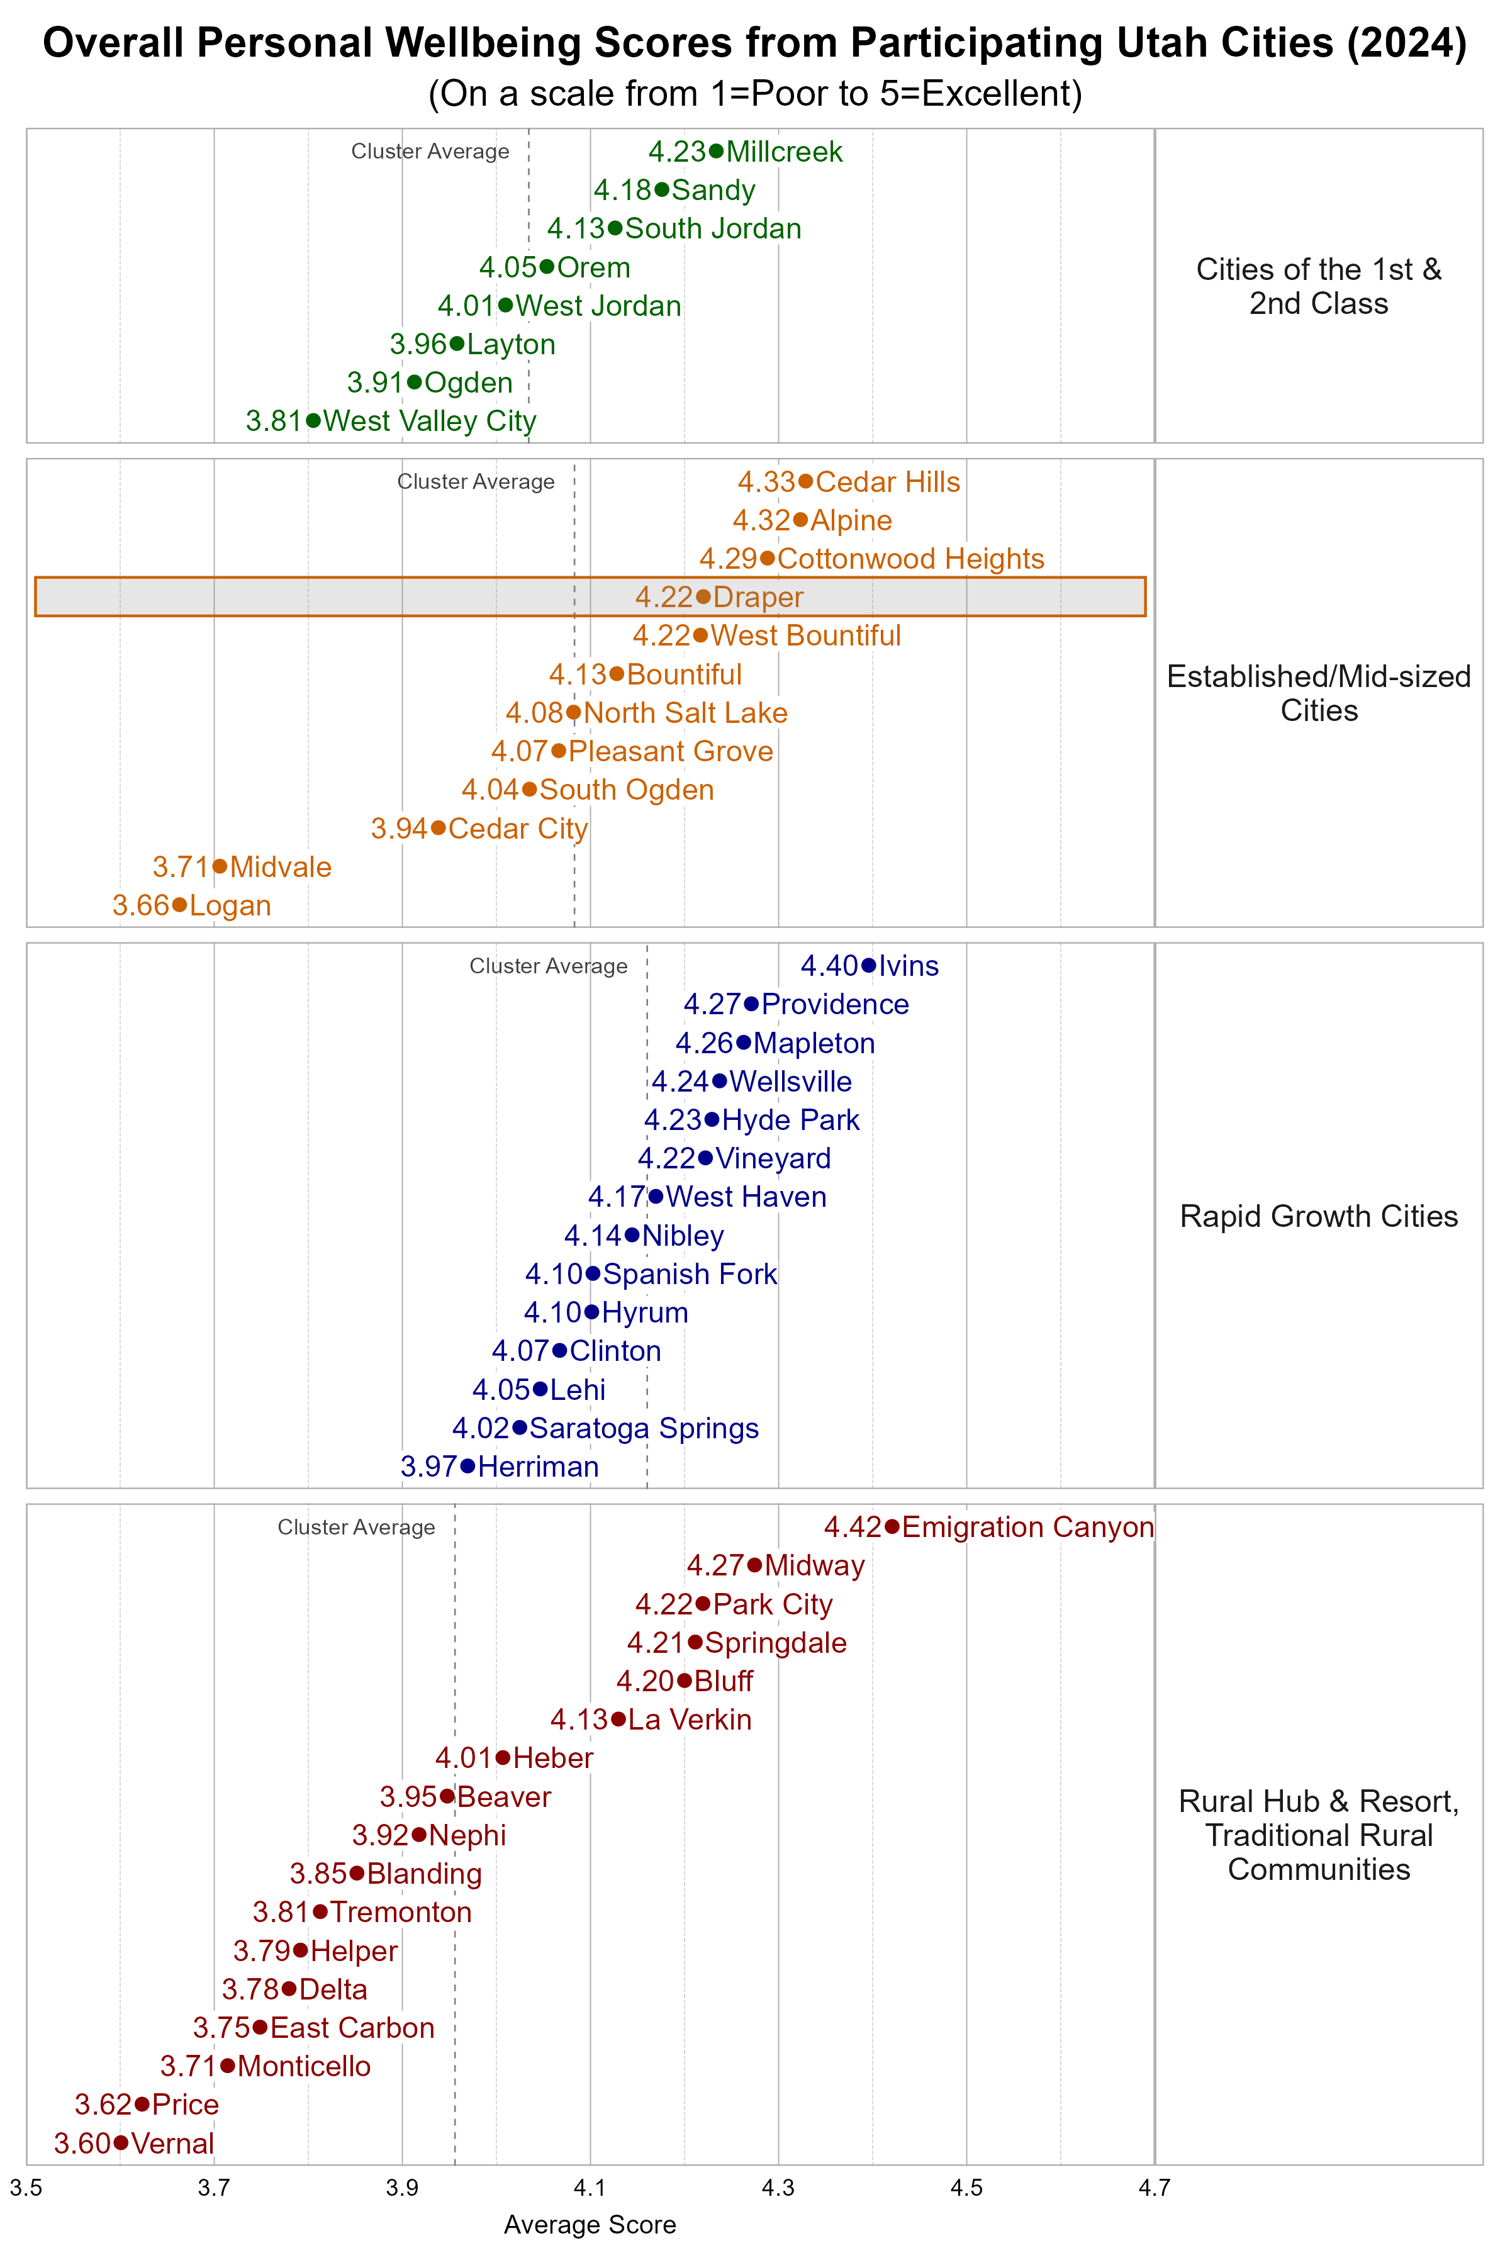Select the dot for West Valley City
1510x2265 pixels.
point(313,421)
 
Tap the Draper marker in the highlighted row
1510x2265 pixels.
point(703,597)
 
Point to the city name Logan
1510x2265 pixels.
point(230,905)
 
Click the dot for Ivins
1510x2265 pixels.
point(869,965)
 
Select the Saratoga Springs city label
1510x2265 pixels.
point(644,1428)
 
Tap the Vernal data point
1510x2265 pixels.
point(120,2143)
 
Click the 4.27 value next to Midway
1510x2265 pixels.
point(715,1566)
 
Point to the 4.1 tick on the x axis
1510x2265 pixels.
point(590,2188)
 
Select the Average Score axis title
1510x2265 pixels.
point(590,2225)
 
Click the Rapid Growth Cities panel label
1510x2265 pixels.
point(1318,1216)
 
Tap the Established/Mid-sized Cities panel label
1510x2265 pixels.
point(1318,693)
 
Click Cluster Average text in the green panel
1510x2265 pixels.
point(430,151)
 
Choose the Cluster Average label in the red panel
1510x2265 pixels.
point(356,1528)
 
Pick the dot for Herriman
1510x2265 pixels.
point(468,1466)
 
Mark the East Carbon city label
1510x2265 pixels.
point(352,2027)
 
